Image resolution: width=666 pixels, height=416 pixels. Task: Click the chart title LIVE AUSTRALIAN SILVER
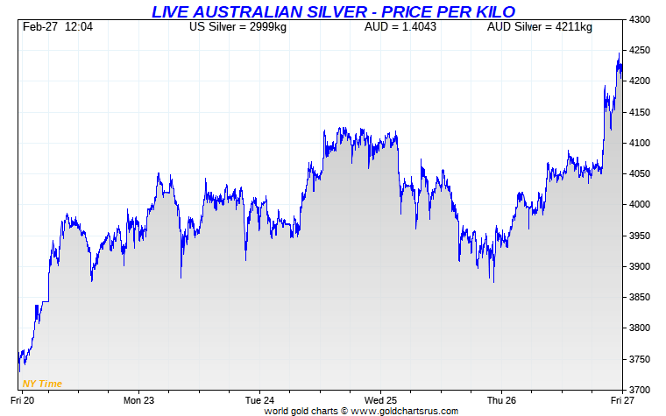click(x=333, y=11)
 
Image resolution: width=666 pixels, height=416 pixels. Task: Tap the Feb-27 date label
click(x=39, y=27)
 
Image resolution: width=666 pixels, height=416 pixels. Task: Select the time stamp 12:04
click(x=78, y=27)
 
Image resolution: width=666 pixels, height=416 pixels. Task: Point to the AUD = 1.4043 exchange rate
click(x=400, y=27)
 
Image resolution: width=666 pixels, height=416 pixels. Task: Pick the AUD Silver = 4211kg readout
click(x=539, y=27)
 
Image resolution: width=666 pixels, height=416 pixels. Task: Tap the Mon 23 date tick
click(x=138, y=399)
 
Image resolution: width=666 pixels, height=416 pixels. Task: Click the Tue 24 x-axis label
click(x=259, y=399)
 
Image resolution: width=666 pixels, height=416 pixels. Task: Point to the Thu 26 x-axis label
click(x=500, y=399)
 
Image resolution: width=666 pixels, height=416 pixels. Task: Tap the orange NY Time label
click(x=42, y=384)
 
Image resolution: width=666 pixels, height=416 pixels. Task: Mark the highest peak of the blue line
click(x=620, y=53)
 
